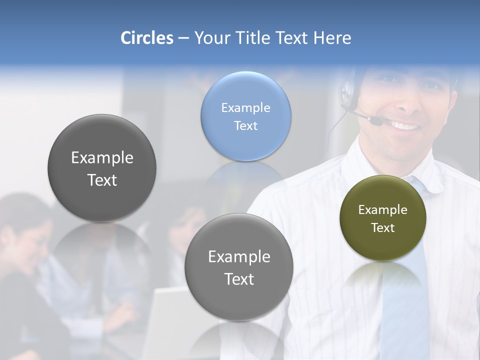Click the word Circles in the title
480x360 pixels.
[146, 38]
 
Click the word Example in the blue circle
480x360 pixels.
[245, 107]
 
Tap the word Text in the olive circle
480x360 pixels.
[383, 228]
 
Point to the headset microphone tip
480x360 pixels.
[376, 120]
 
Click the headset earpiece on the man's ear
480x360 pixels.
[346, 90]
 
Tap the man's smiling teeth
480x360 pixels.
[406, 125]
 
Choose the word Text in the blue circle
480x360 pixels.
[245, 125]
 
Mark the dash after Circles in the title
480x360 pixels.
[183, 38]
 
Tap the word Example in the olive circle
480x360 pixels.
[383, 210]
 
